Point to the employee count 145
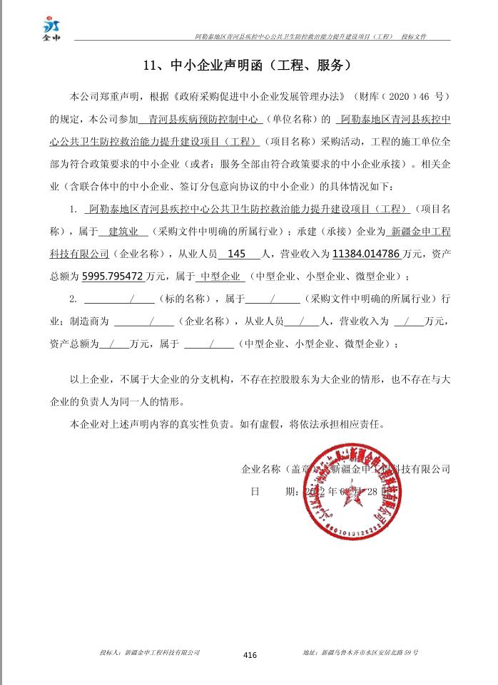click(x=235, y=254)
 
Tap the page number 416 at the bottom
click(x=250, y=655)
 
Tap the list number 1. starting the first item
click(x=73, y=210)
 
